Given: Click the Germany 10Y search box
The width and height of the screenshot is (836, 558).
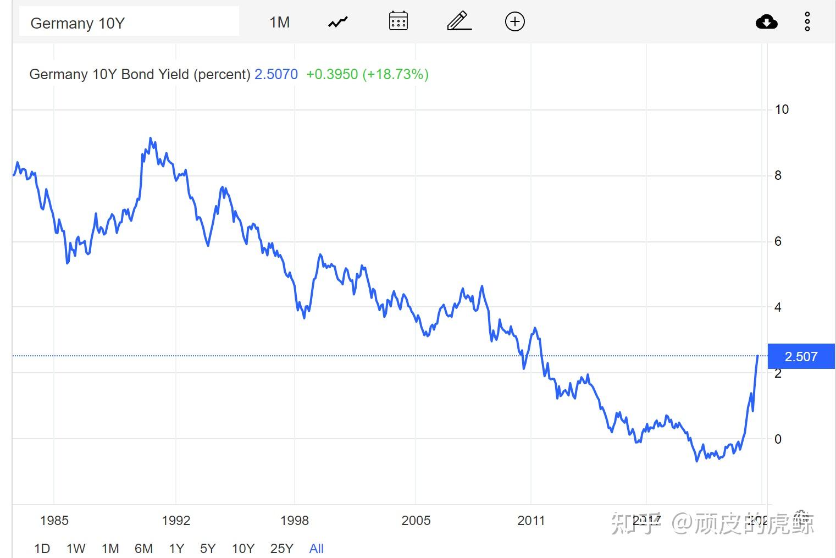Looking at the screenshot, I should tap(129, 23).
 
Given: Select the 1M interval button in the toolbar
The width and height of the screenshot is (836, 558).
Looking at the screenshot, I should tap(279, 22).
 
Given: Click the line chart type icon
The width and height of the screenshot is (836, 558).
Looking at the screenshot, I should tap(338, 22).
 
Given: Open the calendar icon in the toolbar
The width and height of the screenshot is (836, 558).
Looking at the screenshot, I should tap(398, 21).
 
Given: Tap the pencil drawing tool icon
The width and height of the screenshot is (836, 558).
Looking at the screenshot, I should tap(459, 21).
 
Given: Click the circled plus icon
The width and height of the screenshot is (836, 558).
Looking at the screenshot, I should tap(514, 21).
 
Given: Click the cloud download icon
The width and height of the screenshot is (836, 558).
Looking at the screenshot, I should tap(766, 22).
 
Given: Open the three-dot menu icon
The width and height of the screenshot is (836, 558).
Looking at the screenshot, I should tap(807, 22).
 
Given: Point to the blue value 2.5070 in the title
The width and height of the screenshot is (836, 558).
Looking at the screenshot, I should tap(276, 74).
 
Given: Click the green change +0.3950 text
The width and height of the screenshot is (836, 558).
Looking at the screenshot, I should tap(331, 74).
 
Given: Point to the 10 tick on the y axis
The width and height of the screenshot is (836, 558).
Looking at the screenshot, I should tap(781, 109).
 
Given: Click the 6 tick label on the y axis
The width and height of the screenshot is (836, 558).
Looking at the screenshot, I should tap(777, 241).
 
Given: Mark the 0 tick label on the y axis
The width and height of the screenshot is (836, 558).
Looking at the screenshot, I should tap(777, 439).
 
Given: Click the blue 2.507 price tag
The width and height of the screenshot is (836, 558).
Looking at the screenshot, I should tap(801, 356).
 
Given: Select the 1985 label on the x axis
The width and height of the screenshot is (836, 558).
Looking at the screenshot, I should tap(54, 520).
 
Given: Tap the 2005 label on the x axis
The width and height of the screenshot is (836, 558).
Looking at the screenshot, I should tap(416, 520).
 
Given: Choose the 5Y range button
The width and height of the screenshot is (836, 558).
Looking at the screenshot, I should tap(208, 548).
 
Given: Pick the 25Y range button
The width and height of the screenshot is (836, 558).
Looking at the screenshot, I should tap(281, 548).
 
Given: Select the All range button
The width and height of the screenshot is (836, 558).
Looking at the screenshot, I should tap(316, 548).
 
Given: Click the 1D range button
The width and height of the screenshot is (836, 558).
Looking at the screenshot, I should tap(42, 548).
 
